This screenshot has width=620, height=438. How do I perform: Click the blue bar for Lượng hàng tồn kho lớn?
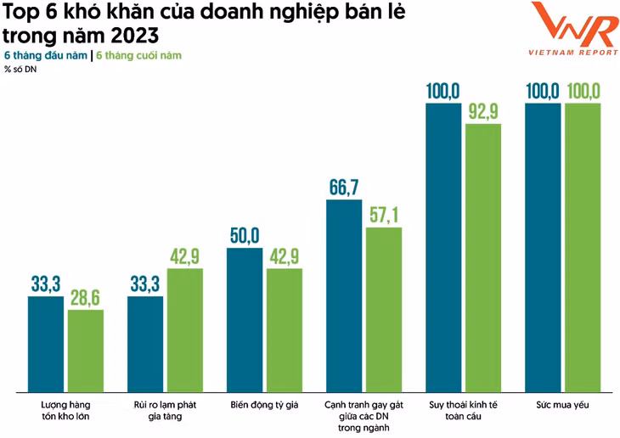point(46,344)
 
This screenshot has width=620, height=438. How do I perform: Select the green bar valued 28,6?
point(86,350)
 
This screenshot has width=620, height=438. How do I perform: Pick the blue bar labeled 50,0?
point(245,319)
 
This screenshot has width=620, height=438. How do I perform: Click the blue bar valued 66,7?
point(344,295)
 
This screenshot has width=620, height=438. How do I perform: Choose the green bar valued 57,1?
point(384,309)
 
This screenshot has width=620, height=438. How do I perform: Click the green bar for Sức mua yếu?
point(583,247)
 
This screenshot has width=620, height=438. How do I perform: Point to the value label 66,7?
point(344,188)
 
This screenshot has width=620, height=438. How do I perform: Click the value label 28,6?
point(86,298)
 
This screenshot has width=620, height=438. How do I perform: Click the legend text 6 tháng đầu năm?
point(46,56)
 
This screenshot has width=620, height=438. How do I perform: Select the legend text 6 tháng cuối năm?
point(138,56)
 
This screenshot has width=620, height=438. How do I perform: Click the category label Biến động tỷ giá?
point(264,406)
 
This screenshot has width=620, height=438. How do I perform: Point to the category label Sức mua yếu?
point(562,406)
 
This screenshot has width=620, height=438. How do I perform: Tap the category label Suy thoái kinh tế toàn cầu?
point(463,411)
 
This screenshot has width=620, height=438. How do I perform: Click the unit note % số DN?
point(20,69)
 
